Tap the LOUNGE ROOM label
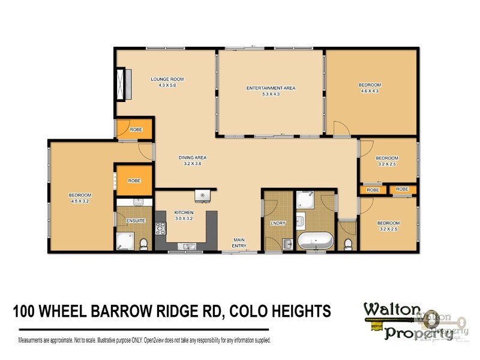click(x=167, y=79)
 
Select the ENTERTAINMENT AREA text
click(x=271, y=88)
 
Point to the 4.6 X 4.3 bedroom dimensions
click(x=370, y=91)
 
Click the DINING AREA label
click(x=193, y=158)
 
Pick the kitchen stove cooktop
click(x=161, y=229)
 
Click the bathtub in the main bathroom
click(x=316, y=242)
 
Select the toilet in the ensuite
click(x=144, y=242)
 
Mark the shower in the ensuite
click(x=125, y=241)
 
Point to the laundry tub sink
click(x=287, y=243)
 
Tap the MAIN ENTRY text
click(x=239, y=242)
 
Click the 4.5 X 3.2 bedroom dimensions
click(x=79, y=201)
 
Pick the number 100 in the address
click(x=25, y=311)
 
